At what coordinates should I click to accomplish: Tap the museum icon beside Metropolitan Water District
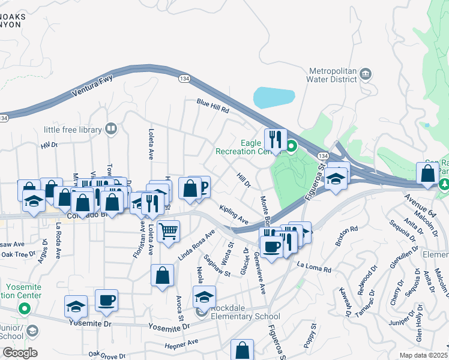[x=366, y=74]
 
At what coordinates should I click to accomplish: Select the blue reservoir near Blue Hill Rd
[x=274, y=97]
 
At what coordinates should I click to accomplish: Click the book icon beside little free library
[x=110, y=128]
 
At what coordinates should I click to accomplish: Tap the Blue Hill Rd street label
[x=213, y=106]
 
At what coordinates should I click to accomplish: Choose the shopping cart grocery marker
[x=169, y=230]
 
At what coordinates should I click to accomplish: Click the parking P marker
[x=201, y=187]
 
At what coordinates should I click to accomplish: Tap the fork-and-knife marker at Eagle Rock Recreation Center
[x=275, y=139]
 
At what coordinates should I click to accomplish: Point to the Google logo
[x=19, y=353]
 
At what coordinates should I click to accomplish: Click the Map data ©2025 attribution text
[x=423, y=355]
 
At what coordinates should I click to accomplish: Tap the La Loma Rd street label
[x=314, y=268]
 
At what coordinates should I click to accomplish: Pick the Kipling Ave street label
[x=234, y=214]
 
